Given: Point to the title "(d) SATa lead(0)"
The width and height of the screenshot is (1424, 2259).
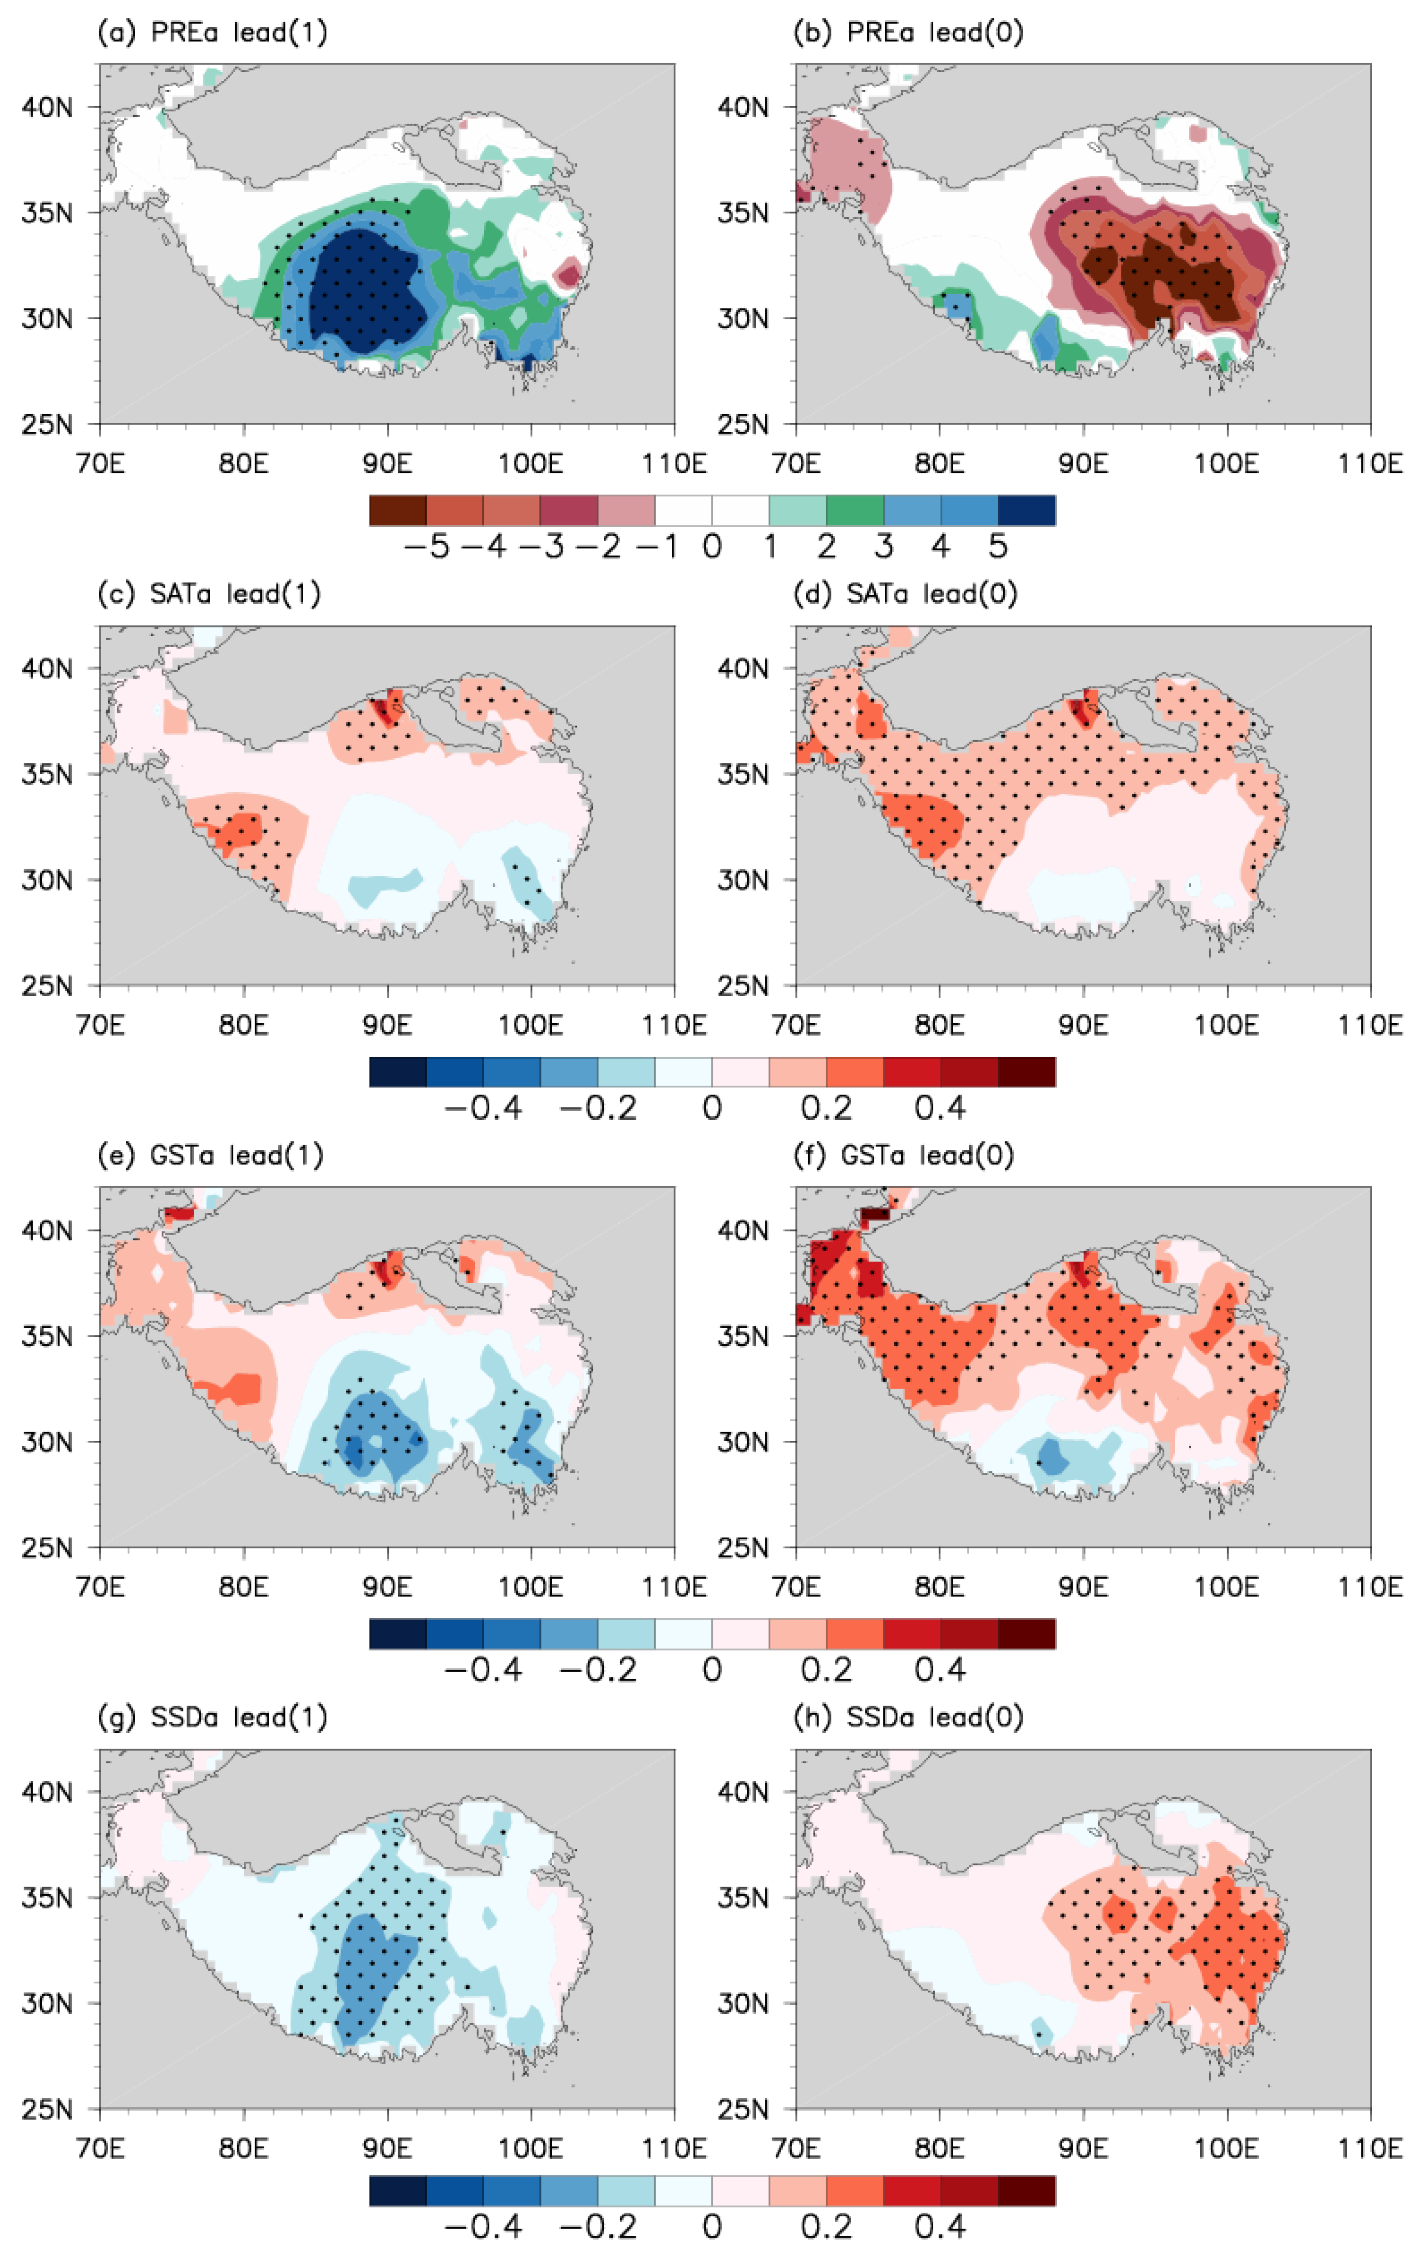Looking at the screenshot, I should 905,594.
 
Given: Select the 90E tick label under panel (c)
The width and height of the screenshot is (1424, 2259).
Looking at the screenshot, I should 386,1024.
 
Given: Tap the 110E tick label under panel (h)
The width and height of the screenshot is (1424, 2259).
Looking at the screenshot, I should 1370,2147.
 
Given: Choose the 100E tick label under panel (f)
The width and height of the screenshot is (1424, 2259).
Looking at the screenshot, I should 1226,1587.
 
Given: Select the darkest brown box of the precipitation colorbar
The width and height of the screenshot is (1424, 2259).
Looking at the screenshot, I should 398,510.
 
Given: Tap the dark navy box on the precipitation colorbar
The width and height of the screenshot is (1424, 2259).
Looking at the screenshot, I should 1026,510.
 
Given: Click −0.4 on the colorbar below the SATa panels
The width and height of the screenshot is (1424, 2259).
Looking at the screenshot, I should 483,1108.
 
